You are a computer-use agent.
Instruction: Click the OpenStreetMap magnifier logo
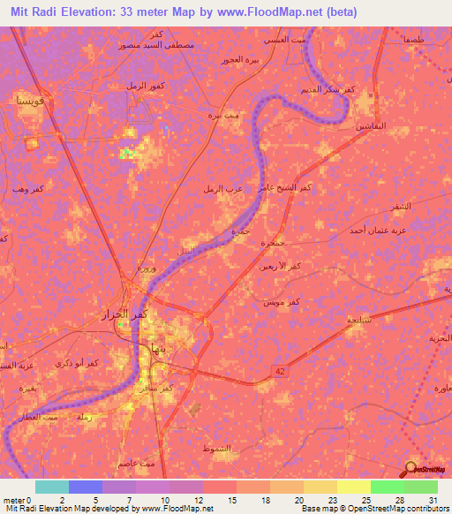[411, 468]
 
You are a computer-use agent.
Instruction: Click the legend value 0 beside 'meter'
[29, 499]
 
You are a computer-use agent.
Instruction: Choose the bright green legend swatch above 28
[387, 487]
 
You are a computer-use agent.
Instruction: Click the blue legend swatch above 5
[86, 487]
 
